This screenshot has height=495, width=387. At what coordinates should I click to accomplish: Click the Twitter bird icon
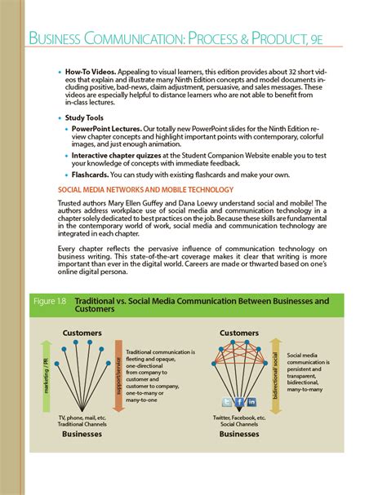(228, 402)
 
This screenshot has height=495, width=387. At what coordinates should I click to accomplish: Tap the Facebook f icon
(240, 402)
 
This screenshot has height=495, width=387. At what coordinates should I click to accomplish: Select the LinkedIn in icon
(252, 402)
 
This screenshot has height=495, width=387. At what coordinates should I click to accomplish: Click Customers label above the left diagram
(82, 332)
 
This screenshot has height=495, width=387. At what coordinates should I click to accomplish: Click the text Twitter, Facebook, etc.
(239, 418)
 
